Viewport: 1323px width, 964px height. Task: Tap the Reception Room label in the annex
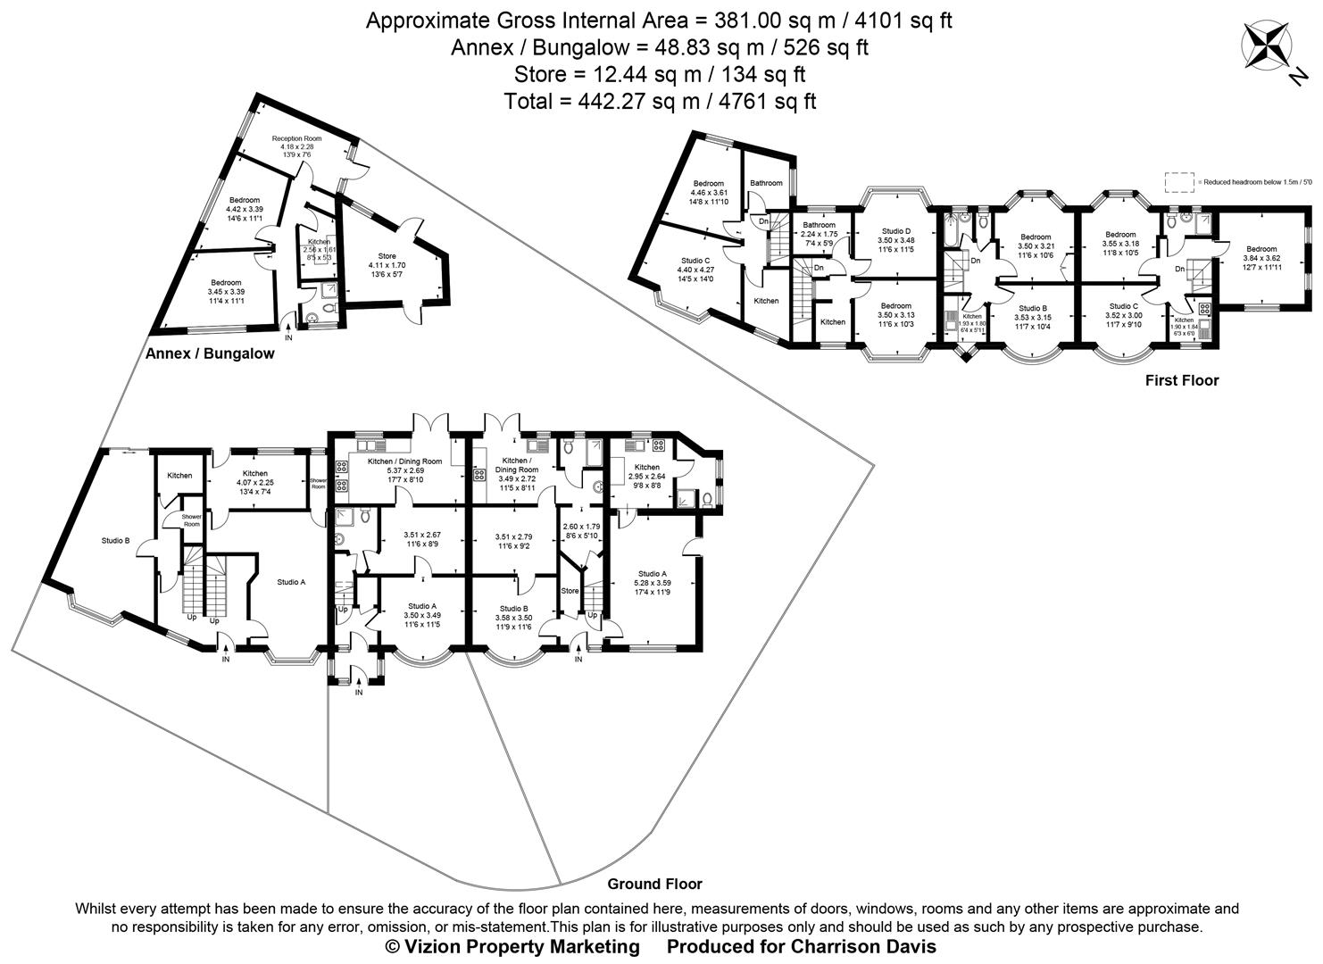(x=296, y=139)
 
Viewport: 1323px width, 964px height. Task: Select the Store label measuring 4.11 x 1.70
(x=387, y=257)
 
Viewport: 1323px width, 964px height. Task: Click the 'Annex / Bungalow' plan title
(x=210, y=353)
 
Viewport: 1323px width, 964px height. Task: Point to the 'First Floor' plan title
(x=1181, y=380)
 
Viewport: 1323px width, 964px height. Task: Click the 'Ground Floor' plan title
(x=654, y=884)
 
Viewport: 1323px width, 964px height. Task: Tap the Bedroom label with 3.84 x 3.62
(x=1261, y=249)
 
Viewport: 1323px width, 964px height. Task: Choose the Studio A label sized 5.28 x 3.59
(x=652, y=574)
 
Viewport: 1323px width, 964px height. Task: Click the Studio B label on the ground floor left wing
(x=115, y=540)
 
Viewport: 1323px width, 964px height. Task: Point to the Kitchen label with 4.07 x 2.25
(x=254, y=474)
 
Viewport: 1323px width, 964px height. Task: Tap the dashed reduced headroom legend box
(x=1179, y=182)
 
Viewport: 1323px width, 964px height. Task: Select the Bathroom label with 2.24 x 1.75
(x=819, y=225)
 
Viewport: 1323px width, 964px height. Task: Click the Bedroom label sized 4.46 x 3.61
(x=709, y=183)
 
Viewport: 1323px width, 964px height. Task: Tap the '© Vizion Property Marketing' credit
(x=512, y=946)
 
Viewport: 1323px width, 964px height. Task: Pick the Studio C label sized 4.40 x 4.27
(x=695, y=261)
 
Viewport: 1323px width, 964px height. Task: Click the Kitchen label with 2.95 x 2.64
(x=646, y=467)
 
